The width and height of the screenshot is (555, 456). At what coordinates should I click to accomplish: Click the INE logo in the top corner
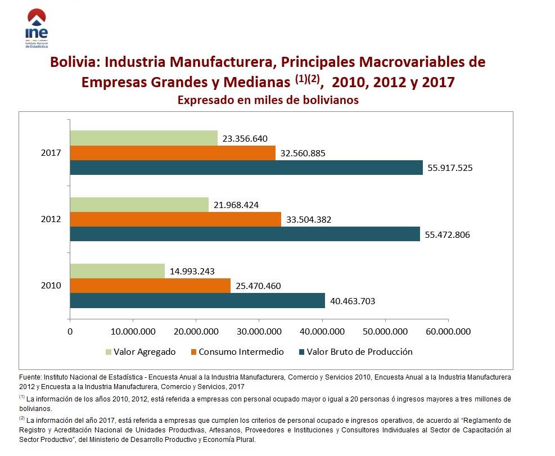[x=37, y=29]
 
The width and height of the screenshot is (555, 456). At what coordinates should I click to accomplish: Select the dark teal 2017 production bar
[x=246, y=168]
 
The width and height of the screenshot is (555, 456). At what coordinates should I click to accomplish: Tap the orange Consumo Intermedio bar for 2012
[x=175, y=219]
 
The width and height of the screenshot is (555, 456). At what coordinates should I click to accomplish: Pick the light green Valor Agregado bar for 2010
[x=117, y=271]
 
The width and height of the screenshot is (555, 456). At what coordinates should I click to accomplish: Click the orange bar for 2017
[x=173, y=153]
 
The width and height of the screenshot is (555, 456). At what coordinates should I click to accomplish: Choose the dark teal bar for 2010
[x=197, y=301]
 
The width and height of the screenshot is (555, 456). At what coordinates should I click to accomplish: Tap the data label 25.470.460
[x=258, y=286]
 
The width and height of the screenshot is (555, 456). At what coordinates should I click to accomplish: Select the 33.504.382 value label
[x=309, y=220]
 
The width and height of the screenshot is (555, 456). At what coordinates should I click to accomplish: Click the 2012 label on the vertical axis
[x=51, y=219]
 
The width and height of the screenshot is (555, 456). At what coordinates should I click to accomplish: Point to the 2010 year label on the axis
[x=51, y=286]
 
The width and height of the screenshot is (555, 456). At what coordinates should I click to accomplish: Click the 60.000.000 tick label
[x=448, y=332]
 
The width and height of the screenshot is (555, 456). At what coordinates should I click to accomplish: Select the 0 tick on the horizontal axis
[x=70, y=332]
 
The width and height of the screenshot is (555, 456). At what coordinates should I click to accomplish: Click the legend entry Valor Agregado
[x=145, y=352]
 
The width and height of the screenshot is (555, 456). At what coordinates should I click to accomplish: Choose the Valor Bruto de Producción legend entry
[x=359, y=352]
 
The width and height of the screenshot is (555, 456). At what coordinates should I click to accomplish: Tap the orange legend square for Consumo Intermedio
[x=194, y=352]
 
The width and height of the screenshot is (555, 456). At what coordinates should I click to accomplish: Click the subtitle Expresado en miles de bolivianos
[x=268, y=100]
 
